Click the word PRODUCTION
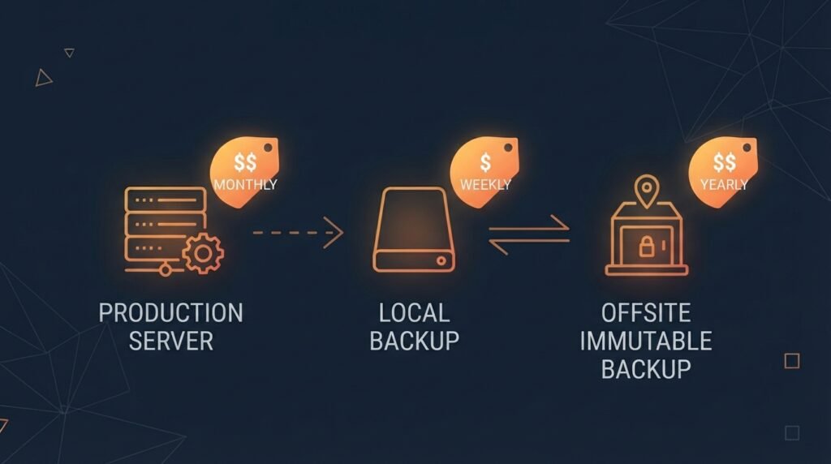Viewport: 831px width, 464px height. [170, 313]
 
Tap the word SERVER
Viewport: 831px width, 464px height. [170, 342]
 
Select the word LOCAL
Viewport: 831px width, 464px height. [415, 313]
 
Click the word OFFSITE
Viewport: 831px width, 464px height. [646, 313]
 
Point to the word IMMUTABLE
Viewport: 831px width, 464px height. [646, 342]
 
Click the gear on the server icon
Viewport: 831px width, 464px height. [203, 254]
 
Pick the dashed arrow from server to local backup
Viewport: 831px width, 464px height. [298, 233]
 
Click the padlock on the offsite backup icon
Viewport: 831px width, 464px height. [646, 246]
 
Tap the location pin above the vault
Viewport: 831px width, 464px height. [647, 191]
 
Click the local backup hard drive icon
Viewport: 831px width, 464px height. [414, 230]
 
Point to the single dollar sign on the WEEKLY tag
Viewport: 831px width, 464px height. [485, 162]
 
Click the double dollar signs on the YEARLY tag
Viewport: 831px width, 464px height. [724, 162]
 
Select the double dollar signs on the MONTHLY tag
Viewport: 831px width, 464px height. [245, 162]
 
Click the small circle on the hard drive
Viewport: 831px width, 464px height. [441, 260]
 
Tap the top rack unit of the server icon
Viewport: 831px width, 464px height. [166, 200]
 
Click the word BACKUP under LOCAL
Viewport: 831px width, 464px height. [415, 342]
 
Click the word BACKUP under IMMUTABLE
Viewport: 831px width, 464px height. [646, 369]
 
